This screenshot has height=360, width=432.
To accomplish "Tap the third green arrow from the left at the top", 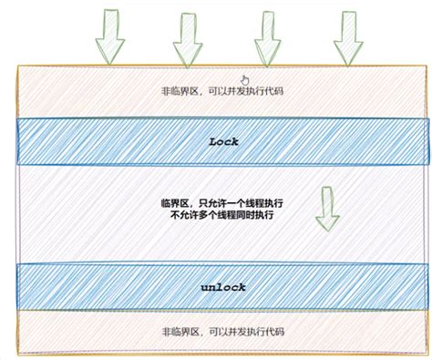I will tap(265, 36).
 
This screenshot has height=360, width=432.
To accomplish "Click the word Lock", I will tap(223, 141).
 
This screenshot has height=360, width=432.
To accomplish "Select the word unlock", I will tap(224, 287).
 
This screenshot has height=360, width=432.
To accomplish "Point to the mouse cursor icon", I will tap(243, 80).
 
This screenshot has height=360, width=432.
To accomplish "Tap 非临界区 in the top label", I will tap(178, 92).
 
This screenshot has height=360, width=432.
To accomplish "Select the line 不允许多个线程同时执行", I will tap(216, 216).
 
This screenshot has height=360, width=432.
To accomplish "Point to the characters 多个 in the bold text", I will tap(211, 216).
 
